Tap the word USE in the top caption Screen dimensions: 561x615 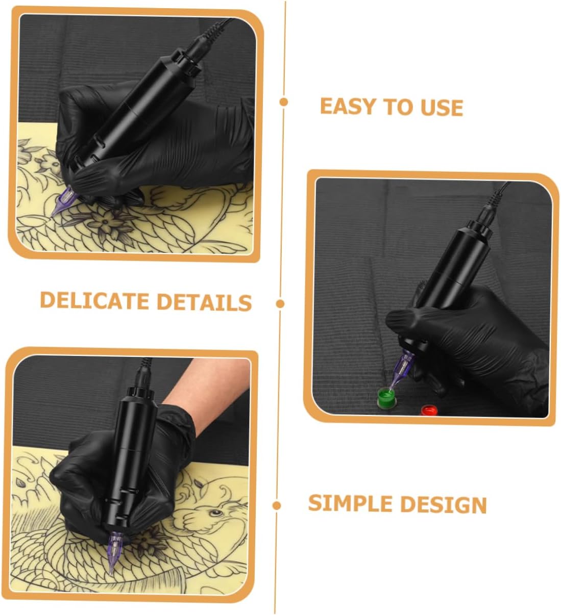click(x=442, y=108)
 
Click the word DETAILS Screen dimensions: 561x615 click(x=204, y=302)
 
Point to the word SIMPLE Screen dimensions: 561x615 click(x=350, y=503)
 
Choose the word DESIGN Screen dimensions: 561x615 click(x=444, y=505)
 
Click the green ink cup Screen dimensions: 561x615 click(x=387, y=397)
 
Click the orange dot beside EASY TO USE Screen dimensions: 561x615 click(x=284, y=102)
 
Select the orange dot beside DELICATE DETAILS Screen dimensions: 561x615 click(x=280, y=304)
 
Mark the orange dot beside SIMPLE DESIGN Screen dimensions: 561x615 click(x=277, y=505)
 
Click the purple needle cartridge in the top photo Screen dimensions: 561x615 click(x=63, y=200)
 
